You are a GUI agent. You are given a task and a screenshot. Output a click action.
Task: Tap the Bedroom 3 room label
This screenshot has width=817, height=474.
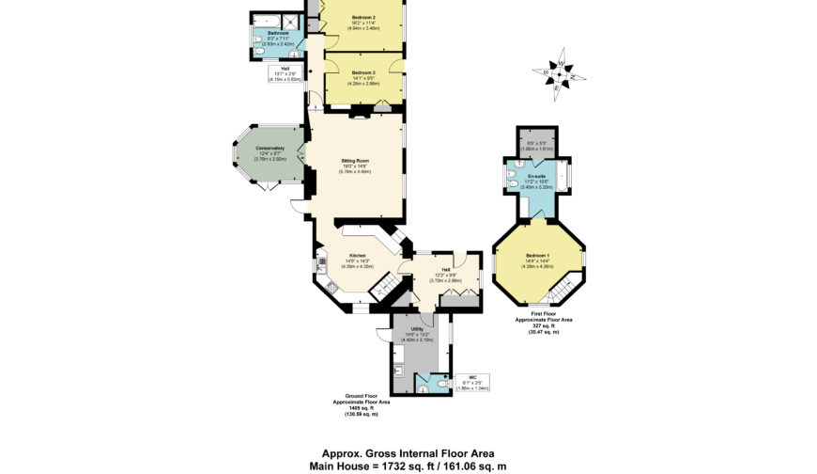363,73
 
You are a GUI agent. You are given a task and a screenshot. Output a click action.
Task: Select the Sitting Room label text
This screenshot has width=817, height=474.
356,161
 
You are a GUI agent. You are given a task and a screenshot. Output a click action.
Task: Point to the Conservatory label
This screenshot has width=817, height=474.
266,155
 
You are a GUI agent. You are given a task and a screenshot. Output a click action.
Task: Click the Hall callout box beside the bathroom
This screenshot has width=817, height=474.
285,73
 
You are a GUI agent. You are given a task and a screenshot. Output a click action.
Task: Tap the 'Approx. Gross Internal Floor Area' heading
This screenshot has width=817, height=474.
408,452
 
